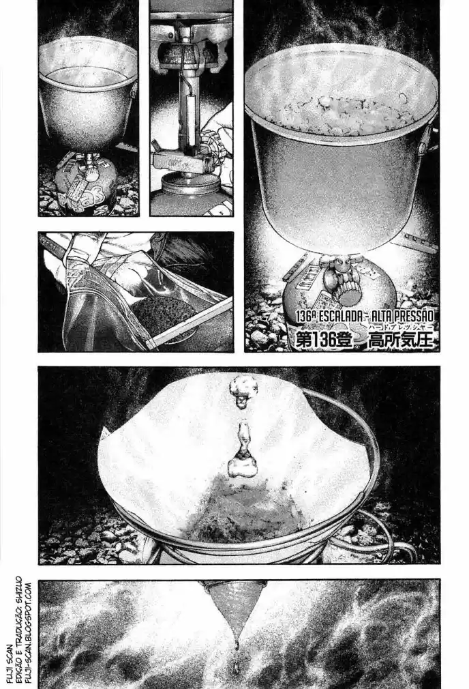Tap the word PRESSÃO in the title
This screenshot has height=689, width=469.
coord(410,316)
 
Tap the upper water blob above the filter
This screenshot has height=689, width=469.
coord(243,387)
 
